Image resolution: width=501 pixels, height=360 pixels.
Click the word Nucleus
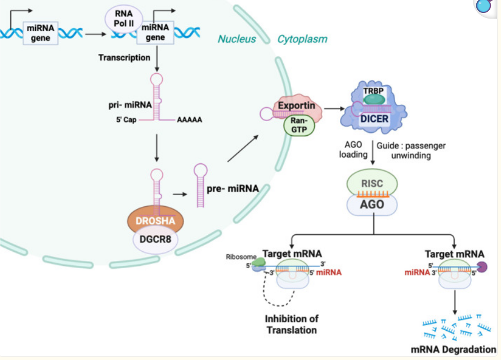point(236,39)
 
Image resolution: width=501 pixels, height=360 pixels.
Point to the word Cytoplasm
point(302,39)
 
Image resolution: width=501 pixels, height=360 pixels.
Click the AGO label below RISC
point(372,204)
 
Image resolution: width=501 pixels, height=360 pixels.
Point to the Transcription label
point(124,57)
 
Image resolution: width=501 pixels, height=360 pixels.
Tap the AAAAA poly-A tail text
point(190,120)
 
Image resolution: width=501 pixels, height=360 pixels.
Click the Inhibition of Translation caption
point(291,324)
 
